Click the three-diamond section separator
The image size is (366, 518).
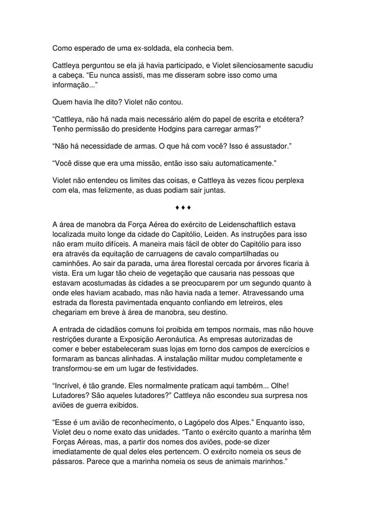(x=183, y=208)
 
